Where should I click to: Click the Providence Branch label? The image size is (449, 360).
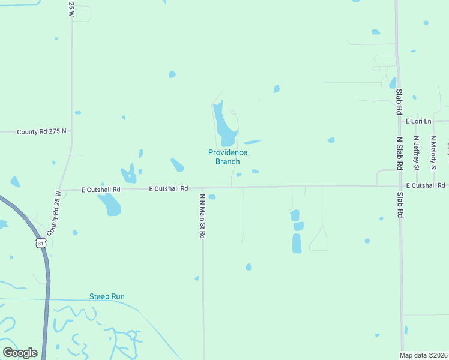(x=228, y=157)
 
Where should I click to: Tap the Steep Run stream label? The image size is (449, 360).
(x=107, y=296)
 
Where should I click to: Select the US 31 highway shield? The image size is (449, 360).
(x=40, y=242)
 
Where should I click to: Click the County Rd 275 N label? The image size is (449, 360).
(x=41, y=131)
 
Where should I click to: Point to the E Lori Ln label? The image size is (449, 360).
(x=418, y=121)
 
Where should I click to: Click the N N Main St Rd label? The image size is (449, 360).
(x=203, y=216)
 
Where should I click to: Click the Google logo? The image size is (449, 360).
(x=20, y=353)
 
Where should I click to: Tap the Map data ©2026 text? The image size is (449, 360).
(x=424, y=355)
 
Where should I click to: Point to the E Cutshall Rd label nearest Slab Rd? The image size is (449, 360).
(x=425, y=185)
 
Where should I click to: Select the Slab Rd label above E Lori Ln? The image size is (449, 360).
(x=399, y=102)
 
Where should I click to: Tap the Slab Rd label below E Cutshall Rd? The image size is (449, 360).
(x=399, y=204)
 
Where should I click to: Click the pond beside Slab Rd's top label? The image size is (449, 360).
(x=393, y=83)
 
